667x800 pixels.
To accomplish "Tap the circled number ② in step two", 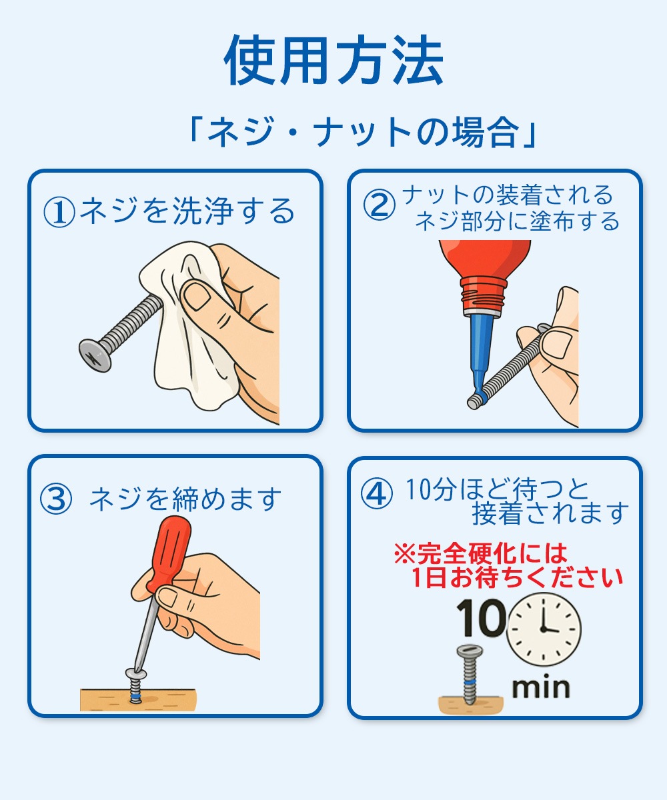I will (379, 205).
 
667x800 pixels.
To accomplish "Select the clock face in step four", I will (544, 628).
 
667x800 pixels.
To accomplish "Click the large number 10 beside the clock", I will (480, 619).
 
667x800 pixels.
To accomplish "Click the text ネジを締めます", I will (185, 499).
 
